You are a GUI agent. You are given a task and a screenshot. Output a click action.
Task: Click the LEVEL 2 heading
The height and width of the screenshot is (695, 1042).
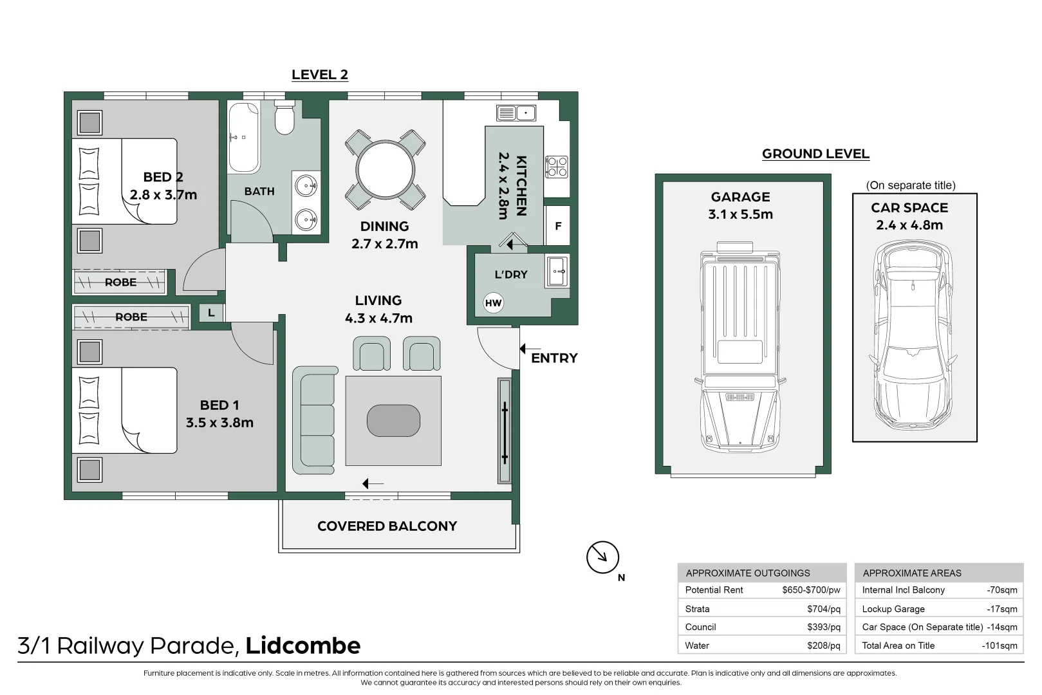pyautogui.click(x=320, y=75)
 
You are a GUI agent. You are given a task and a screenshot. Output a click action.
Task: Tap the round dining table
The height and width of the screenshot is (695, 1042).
pyautogui.click(x=385, y=169)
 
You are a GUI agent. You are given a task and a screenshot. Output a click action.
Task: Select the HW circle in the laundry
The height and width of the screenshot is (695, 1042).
pyautogui.click(x=493, y=303)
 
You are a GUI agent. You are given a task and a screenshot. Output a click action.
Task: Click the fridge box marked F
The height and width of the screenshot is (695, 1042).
pyautogui.click(x=558, y=226)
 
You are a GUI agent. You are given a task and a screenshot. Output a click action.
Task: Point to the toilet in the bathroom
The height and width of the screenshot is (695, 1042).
pyautogui.click(x=284, y=117)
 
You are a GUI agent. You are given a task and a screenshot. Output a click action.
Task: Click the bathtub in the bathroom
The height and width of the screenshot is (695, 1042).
pyautogui.click(x=243, y=138)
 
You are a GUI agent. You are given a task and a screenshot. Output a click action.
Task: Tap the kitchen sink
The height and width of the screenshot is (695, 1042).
pyautogui.click(x=516, y=113)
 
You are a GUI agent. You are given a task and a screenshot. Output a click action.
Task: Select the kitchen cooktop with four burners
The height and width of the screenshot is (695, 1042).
pyautogui.click(x=556, y=167)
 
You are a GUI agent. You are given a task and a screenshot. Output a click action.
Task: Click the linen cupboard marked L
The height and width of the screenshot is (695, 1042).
pyautogui.click(x=211, y=313)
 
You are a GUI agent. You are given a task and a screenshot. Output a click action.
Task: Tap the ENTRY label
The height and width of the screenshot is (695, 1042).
pyautogui.click(x=554, y=358)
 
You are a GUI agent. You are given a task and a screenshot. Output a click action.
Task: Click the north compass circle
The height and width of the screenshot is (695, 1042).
pyautogui.click(x=602, y=557)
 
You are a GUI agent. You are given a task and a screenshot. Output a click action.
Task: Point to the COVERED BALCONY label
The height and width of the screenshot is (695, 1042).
pyautogui.click(x=387, y=526)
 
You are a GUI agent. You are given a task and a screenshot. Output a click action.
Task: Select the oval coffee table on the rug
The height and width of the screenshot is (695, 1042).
pyautogui.click(x=393, y=420)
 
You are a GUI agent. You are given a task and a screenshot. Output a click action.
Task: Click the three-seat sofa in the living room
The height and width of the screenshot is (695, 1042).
pyautogui.click(x=315, y=420)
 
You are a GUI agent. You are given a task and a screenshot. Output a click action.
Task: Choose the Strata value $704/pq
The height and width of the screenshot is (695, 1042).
pyautogui.click(x=823, y=609)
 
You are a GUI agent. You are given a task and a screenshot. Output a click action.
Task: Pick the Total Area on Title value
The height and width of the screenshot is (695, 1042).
pyautogui.click(x=1000, y=645)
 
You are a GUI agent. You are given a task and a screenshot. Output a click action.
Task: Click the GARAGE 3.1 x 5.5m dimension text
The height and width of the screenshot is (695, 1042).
pyautogui.click(x=741, y=214)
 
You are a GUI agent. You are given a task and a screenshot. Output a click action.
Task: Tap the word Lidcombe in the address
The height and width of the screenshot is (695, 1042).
pyautogui.click(x=303, y=645)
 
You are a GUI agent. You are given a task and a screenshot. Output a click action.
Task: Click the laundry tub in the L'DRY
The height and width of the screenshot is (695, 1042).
pyautogui.click(x=557, y=271)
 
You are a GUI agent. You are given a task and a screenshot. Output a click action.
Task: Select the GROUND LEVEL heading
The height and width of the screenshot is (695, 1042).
pyautogui.click(x=815, y=154)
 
